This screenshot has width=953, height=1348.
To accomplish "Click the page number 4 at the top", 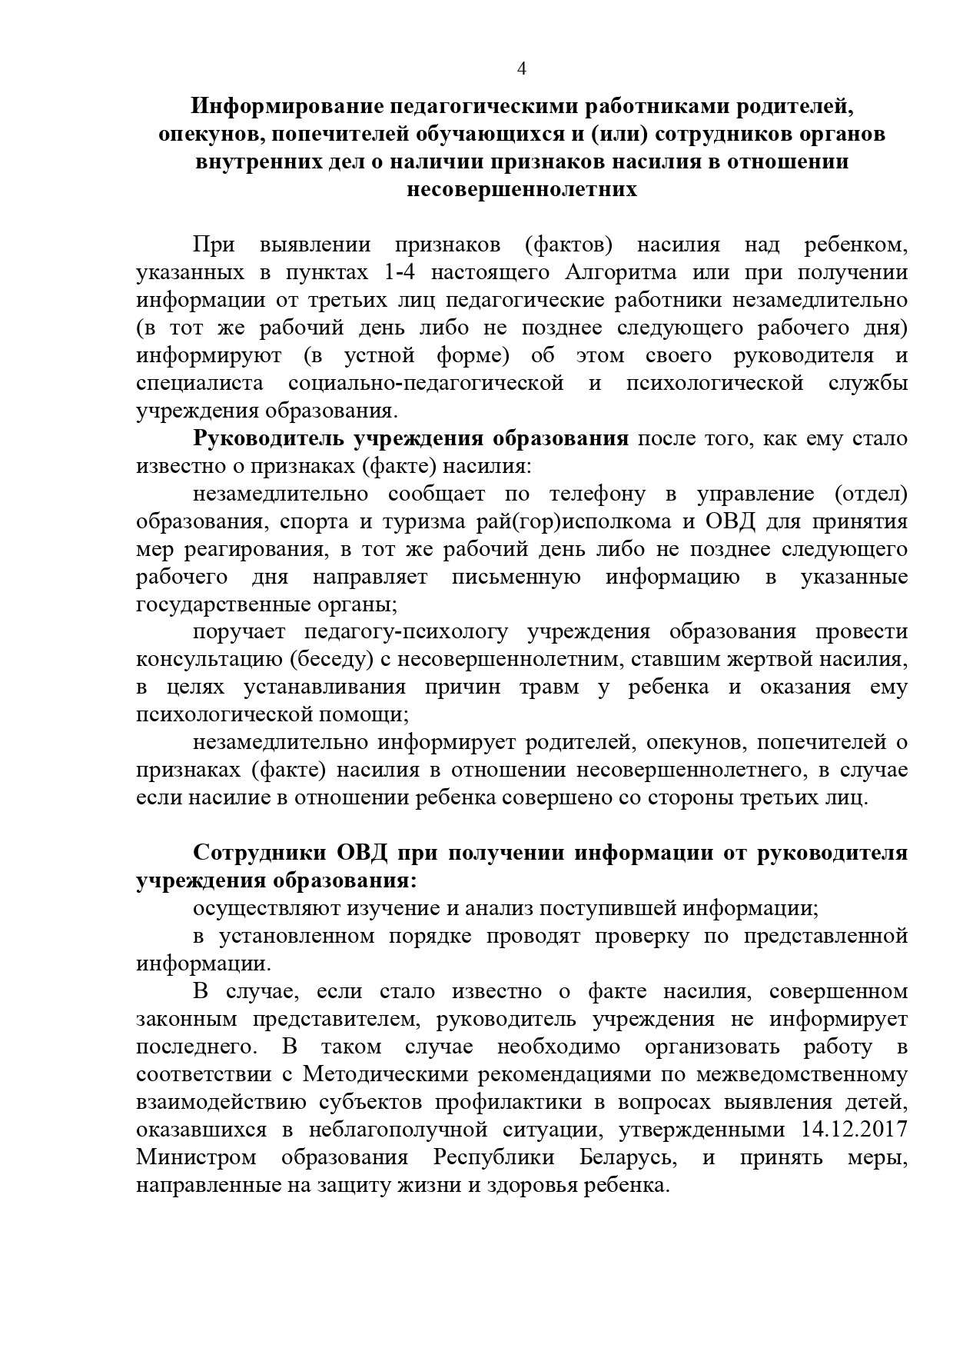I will (x=522, y=69).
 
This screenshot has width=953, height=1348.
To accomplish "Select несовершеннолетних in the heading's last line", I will (x=522, y=189).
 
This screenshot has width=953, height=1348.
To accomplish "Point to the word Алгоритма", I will (x=621, y=273).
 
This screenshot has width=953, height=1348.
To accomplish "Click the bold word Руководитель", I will (x=268, y=439).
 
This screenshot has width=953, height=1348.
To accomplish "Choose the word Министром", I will (x=196, y=1157).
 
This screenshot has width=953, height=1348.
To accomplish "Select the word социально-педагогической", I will (x=426, y=383).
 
